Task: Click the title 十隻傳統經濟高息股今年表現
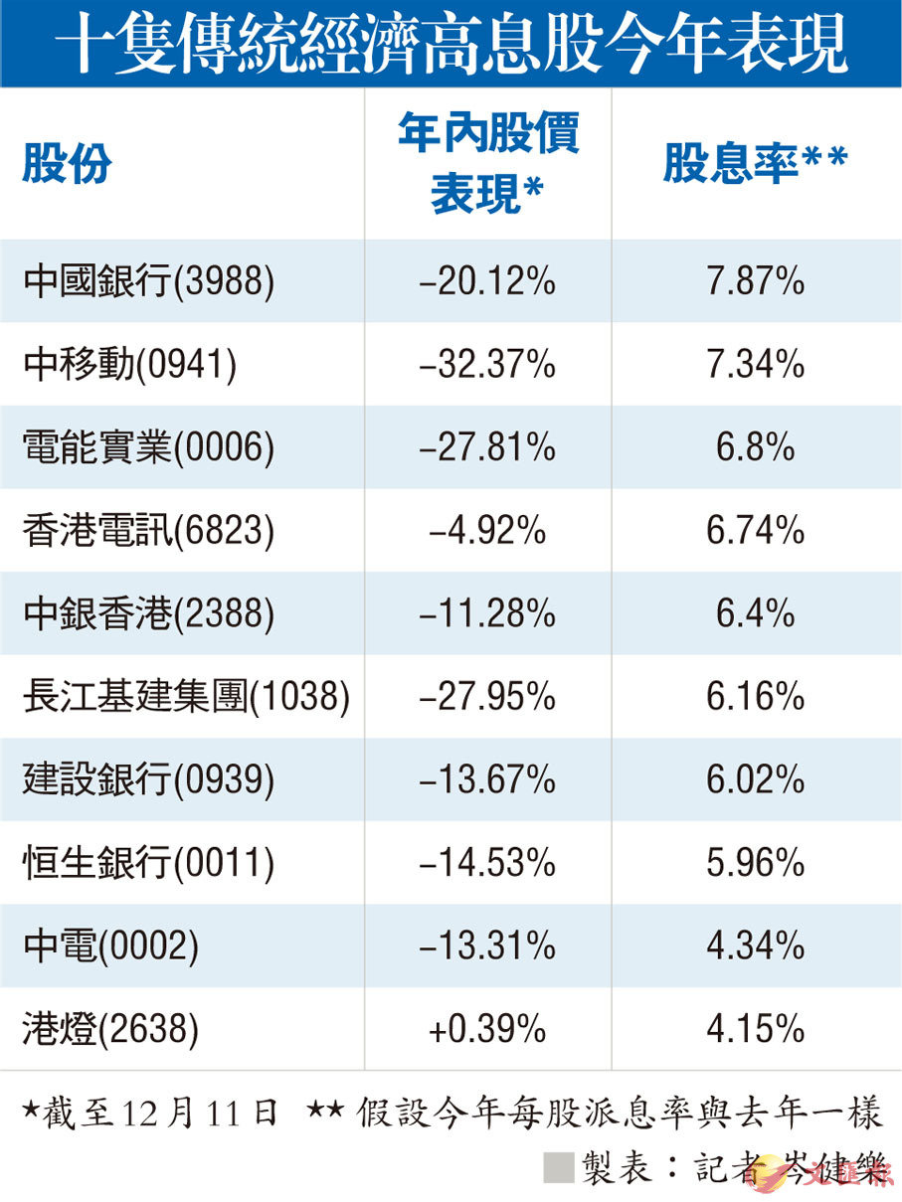(x=451, y=43)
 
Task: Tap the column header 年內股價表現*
(x=487, y=164)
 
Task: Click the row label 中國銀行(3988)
(x=147, y=282)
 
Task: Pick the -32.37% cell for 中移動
(x=487, y=365)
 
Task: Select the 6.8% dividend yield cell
(x=755, y=448)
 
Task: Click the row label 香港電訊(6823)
(x=147, y=532)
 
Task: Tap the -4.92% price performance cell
(x=487, y=532)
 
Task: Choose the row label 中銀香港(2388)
(x=147, y=614)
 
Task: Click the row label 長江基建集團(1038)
(x=186, y=698)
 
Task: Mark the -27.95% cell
(x=487, y=698)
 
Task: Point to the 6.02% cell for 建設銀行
(x=755, y=780)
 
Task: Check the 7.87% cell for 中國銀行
(x=755, y=282)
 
